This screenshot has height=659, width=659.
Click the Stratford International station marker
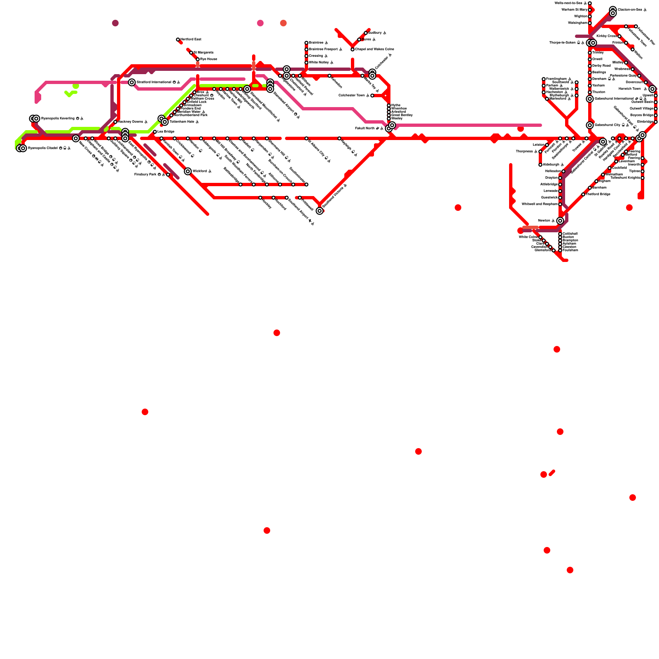(x=132, y=82)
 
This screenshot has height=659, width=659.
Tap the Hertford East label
(x=191, y=40)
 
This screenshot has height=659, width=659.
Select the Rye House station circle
(x=198, y=59)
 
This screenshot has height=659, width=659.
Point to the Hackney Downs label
(x=131, y=122)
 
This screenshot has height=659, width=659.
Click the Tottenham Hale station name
(x=182, y=122)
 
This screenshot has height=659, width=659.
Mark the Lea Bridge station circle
(x=155, y=132)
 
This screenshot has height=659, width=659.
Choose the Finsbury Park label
(x=145, y=175)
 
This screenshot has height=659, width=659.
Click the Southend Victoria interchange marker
(x=320, y=211)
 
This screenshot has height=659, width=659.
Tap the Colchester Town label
(x=352, y=96)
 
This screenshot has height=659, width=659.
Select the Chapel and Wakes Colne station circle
(x=353, y=49)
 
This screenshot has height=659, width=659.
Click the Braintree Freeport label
(x=323, y=49)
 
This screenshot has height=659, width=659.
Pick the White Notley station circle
(x=306, y=63)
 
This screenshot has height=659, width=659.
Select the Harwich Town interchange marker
(x=652, y=89)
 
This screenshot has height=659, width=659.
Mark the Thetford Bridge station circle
(x=583, y=194)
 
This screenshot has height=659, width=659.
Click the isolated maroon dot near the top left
(x=115, y=23)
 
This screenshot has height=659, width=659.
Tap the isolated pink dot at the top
(x=260, y=23)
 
